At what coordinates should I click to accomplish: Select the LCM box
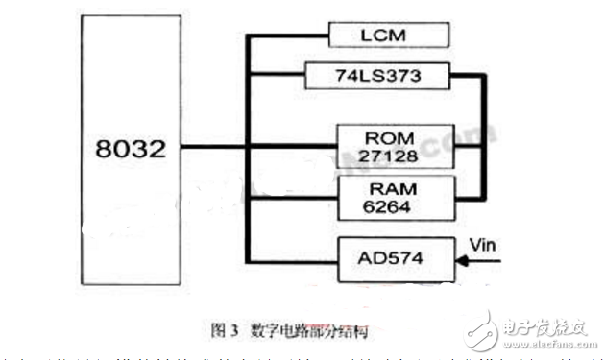pyautogui.click(x=389, y=36)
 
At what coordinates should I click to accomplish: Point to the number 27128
pyautogui.click(x=393, y=156)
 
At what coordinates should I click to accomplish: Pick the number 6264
pyautogui.click(x=393, y=208)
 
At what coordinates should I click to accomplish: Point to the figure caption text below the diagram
pyautogui.click(x=290, y=330)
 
